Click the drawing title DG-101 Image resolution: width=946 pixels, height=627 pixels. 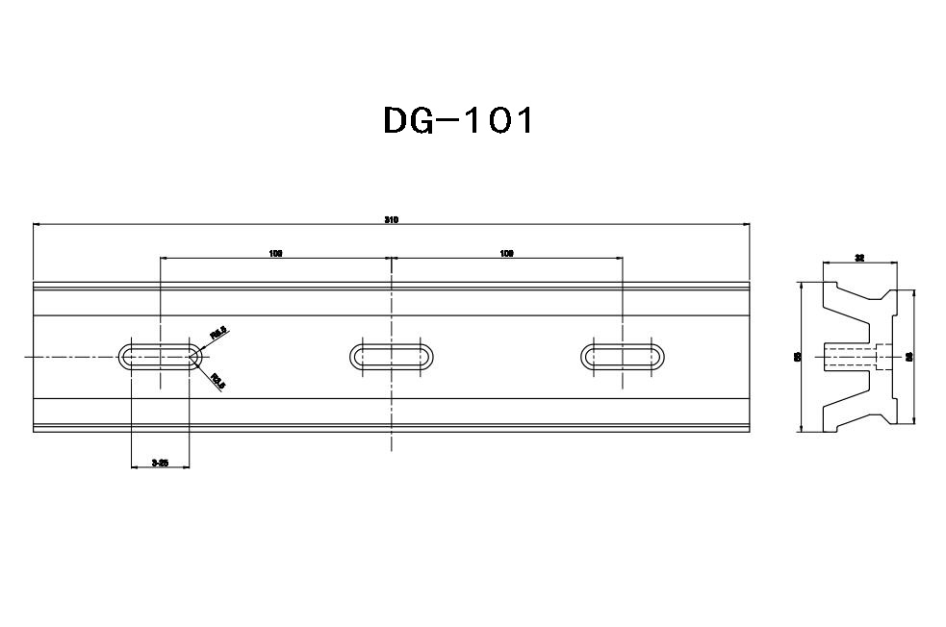point(457,120)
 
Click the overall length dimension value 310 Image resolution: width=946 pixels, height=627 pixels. point(392,220)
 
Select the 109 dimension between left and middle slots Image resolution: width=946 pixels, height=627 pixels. point(275,254)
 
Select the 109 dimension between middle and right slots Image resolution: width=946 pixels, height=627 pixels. point(506,254)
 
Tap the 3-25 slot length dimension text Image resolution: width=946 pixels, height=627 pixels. point(161,464)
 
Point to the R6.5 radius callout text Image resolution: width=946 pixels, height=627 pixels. point(218,333)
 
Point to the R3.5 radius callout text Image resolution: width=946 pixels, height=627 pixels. point(217,380)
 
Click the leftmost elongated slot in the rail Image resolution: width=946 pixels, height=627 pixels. point(161,356)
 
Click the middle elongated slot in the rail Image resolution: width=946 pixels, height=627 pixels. point(392,356)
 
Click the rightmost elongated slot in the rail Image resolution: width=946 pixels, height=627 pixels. point(623,356)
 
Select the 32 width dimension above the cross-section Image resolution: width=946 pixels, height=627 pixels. point(859,258)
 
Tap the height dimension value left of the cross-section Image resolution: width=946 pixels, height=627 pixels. point(797,356)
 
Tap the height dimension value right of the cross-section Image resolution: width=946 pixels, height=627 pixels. point(909,356)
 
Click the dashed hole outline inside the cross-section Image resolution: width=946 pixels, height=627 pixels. point(851,356)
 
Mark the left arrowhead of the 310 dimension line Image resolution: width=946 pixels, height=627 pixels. point(36,225)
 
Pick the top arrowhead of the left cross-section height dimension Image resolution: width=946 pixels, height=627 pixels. point(802,285)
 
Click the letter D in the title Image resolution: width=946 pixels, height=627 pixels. point(397,120)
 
